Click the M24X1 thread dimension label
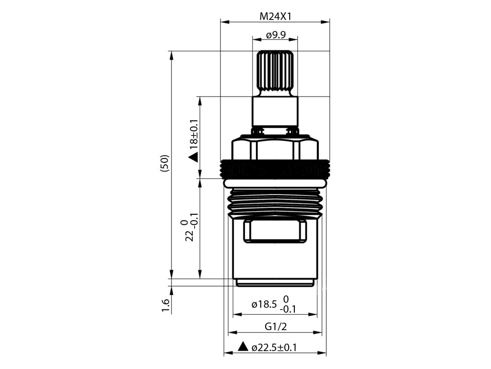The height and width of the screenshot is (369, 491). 275,16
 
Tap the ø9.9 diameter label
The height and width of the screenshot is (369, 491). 276,35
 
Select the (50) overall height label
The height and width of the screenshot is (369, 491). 164,163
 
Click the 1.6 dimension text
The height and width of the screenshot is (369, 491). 165,305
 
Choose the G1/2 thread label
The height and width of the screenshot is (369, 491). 276,327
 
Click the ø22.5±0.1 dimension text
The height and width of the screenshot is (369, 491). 274,347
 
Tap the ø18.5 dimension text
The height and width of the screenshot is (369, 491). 264,304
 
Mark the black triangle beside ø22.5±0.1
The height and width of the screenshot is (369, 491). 243,346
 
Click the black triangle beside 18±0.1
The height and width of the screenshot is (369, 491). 194,157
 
